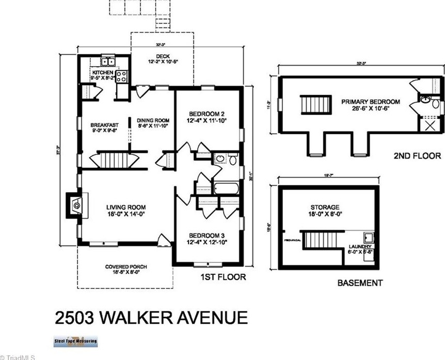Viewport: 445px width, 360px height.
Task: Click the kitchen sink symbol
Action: point(107,62)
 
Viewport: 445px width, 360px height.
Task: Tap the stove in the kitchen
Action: point(122,76)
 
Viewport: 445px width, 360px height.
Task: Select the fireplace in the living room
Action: point(74,205)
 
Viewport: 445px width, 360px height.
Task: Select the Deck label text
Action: point(163,57)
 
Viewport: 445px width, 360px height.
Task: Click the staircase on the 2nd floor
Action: point(315,105)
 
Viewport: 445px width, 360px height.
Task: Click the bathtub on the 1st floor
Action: point(226,187)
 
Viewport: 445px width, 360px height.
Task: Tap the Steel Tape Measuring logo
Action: point(75,341)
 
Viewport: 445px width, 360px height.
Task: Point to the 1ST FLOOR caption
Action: point(223,277)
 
